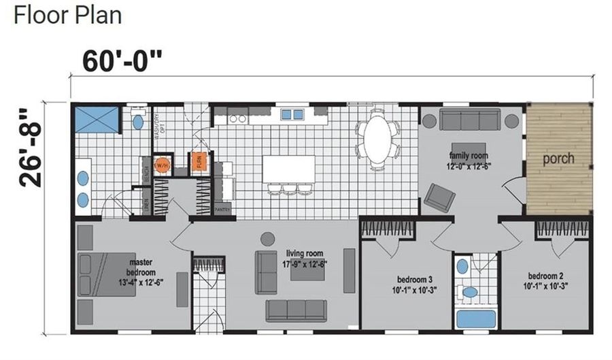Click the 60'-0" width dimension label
point(122,61)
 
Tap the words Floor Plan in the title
point(67,15)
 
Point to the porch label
point(558,159)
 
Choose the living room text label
point(305,259)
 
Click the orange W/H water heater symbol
point(162,165)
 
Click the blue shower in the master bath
point(96,119)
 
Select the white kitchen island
point(290,169)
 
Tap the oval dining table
point(377,140)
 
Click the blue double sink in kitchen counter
point(292,114)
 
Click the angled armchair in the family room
point(439,197)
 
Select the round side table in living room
point(268,238)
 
